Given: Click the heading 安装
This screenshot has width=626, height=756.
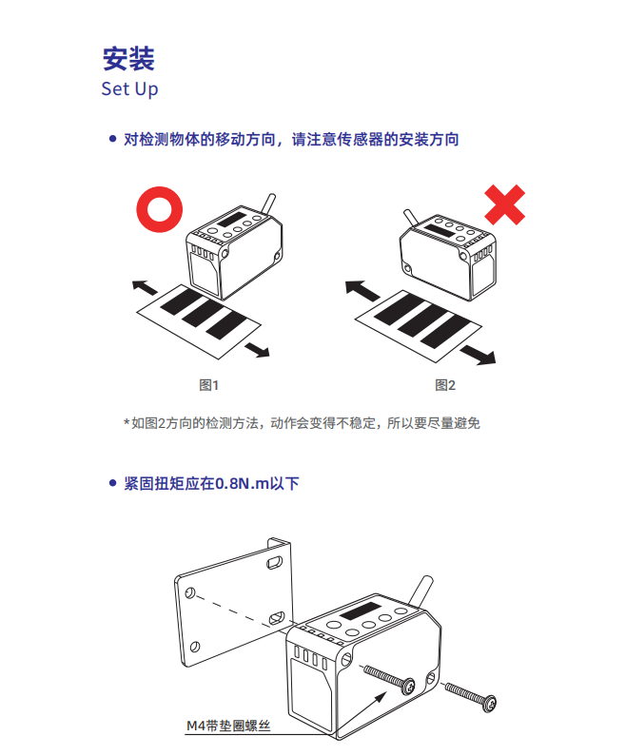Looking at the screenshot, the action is tap(128, 59).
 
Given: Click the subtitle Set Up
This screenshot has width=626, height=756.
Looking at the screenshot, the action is tap(129, 89).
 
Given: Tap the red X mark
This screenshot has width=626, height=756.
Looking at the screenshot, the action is tap(504, 204).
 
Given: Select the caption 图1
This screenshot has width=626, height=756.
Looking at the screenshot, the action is tap(209, 385).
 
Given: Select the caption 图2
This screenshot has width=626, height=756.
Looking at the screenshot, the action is tap(445, 385).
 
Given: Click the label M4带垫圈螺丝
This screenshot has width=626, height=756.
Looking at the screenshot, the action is tap(228, 726).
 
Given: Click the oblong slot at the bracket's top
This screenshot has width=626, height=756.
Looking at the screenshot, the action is tap(275, 562).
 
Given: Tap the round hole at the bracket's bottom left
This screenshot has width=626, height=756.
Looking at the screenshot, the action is tap(195, 646).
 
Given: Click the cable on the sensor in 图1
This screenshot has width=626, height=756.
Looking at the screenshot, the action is tap(268, 203).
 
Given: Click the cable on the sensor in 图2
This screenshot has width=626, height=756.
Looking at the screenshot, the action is tap(410, 217).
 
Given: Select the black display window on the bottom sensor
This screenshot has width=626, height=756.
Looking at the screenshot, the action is tap(360, 611).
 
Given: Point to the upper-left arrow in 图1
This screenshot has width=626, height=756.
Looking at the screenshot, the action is tap(145, 287).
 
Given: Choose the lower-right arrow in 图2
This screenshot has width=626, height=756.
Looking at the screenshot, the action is tap(478, 355).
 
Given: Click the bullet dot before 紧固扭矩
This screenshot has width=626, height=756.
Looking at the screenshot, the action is tap(113, 483).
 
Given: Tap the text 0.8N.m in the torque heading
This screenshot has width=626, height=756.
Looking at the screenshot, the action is tap(242, 483).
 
